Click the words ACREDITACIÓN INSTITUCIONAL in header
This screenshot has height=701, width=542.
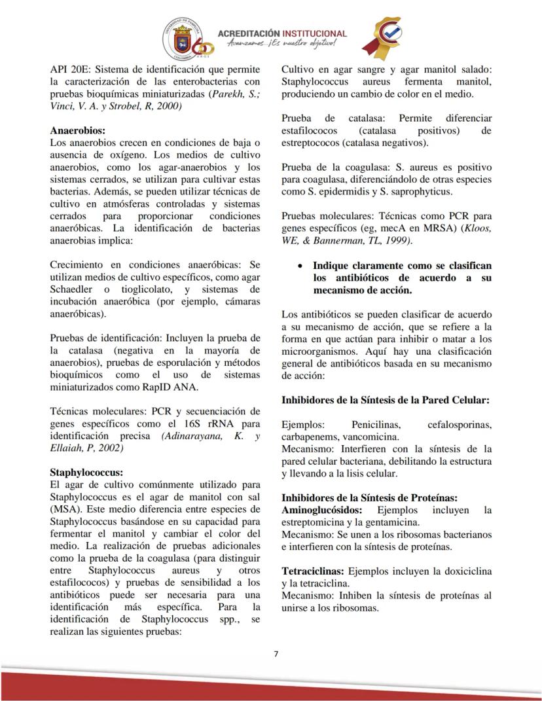point(282,33)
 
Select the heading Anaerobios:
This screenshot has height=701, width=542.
point(77,130)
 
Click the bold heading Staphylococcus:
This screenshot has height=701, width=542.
point(86,472)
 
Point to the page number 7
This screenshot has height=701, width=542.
point(276,653)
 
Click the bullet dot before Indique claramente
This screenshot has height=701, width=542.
point(299,266)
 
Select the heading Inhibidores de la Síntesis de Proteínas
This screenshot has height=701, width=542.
point(369,497)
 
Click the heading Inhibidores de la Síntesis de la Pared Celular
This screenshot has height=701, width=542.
point(386,399)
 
